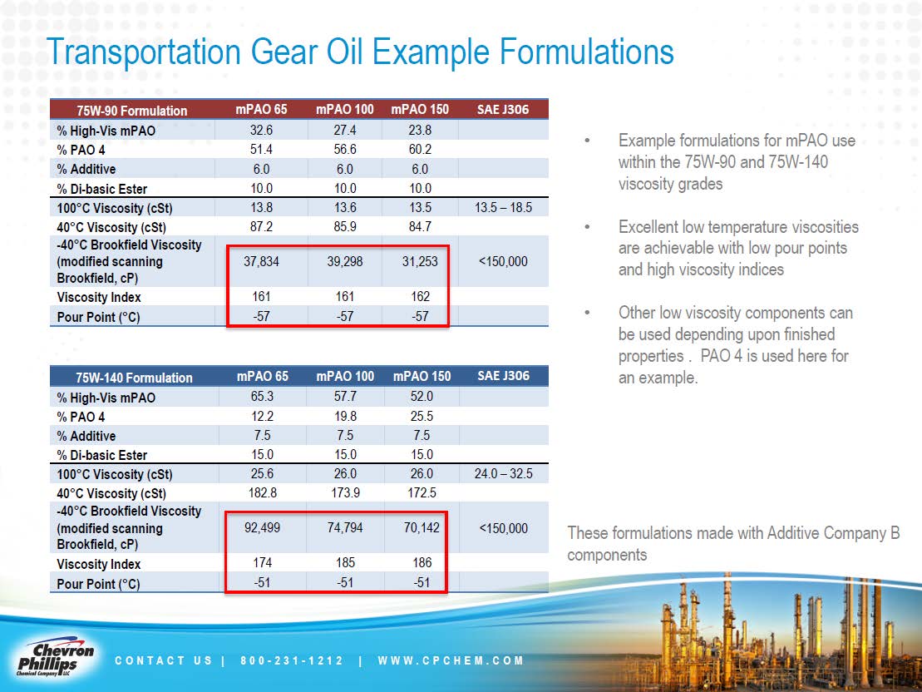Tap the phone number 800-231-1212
click(x=292, y=661)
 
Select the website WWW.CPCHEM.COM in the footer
click(x=451, y=661)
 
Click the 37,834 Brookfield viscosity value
click(x=261, y=261)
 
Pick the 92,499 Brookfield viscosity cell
click(x=262, y=528)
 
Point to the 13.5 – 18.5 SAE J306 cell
click(x=503, y=208)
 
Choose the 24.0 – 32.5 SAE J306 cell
click(x=503, y=474)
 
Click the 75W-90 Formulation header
click(x=131, y=111)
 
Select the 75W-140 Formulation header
click(x=134, y=378)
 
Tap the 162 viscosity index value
click(x=420, y=297)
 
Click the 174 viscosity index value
click(x=262, y=562)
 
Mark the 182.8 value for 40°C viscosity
click(x=262, y=492)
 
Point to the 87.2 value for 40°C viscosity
click(x=261, y=226)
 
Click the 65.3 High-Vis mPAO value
click(x=262, y=397)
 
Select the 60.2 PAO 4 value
click(x=420, y=150)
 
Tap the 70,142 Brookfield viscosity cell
click(x=422, y=528)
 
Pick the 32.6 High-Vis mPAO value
click(x=261, y=130)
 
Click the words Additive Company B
click(x=811, y=534)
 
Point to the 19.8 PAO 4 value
click(x=345, y=416)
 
